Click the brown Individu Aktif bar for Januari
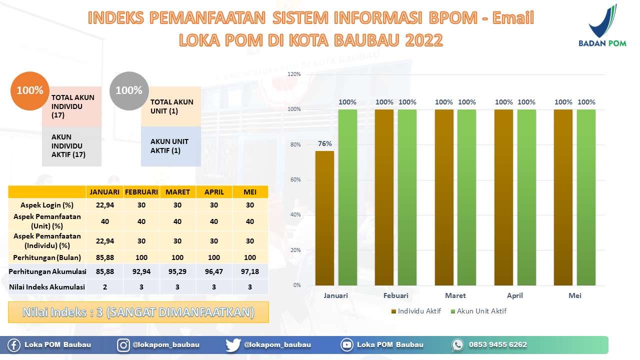pos(324,218)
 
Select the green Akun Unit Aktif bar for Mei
pos(586,197)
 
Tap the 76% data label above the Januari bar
pos(325,143)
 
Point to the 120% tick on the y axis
pos(294,74)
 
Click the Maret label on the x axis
pos(455,295)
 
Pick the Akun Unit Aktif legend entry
pos(478,311)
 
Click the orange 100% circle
pos(30,91)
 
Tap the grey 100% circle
pos(129,91)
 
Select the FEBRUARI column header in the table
pos(141,192)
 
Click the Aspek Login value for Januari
pos(105,205)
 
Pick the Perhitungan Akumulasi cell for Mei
pos(250,271)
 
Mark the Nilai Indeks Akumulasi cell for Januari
pos(105,287)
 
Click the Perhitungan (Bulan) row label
pos(47,257)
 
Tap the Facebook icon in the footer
pos(13,345)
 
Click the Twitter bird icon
pos(233,345)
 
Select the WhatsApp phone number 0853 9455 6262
pos(497,345)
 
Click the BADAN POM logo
pos(602,25)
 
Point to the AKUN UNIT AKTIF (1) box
pos(171,146)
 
